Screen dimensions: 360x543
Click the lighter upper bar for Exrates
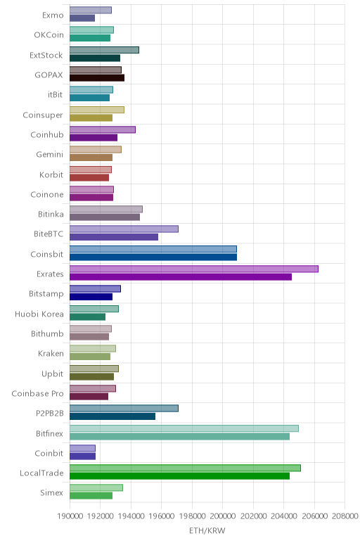(x=194, y=269)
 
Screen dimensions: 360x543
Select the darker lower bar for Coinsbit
(x=153, y=257)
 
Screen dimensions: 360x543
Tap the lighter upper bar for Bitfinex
(x=184, y=428)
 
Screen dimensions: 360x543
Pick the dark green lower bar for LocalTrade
(x=180, y=475)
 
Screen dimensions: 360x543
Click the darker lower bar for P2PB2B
(x=112, y=416)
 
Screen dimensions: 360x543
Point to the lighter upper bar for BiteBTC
(x=124, y=229)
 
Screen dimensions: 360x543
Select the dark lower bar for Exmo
(x=82, y=18)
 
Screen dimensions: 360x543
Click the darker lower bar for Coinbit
(x=83, y=456)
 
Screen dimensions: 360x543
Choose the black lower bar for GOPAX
(x=97, y=77)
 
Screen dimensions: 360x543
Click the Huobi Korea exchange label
(x=39, y=314)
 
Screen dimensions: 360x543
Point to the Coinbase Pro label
(x=37, y=394)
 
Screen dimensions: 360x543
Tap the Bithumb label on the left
(x=47, y=334)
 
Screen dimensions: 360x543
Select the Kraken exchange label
(x=51, y=354)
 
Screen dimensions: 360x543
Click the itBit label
(x=56, y=94)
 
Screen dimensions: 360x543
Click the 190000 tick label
(x=70, y=516)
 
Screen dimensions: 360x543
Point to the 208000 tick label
(x=345, y=516)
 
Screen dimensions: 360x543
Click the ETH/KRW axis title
(x=207, y=530)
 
